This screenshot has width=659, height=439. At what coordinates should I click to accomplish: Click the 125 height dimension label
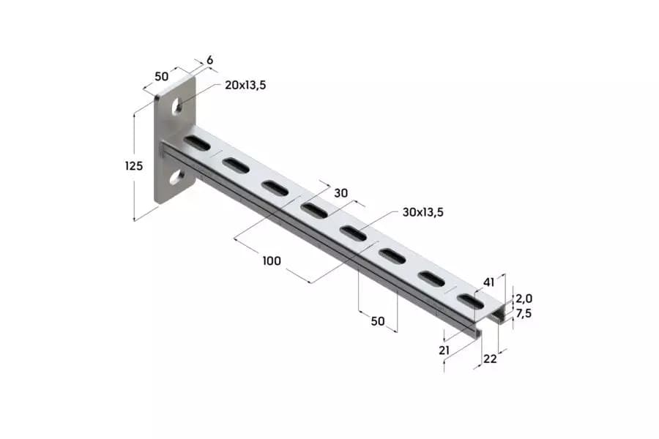coord(134,166)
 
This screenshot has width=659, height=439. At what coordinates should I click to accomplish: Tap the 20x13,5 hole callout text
coord(245,86)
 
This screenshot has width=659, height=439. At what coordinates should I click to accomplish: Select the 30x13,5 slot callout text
coord(422,212)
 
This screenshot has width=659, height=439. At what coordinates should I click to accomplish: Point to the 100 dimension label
coord(272,261)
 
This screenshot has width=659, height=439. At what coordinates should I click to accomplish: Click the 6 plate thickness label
coord(209,60)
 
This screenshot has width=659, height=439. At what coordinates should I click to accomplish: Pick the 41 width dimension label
coord(489,282)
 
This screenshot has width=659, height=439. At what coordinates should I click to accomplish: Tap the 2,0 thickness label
coord(524,299)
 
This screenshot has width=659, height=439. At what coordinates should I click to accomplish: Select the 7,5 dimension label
coord(524,313)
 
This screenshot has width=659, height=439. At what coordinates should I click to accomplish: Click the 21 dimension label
coord(444,350)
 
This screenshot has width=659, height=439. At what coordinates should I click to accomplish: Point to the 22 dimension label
coord(490,359)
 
